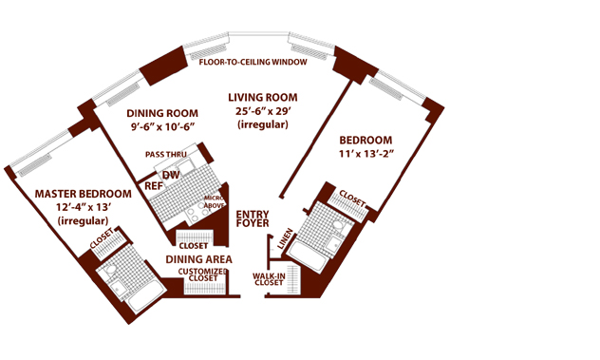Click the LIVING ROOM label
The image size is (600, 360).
point(263,98)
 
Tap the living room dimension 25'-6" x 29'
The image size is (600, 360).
point(264,111)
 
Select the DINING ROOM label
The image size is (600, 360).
point(162,113)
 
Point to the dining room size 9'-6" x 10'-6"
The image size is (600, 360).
point(163,126)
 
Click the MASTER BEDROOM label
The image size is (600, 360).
point(83,194)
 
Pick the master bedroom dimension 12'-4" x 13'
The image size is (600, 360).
point(84,207)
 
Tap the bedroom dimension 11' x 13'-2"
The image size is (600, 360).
point(366,154)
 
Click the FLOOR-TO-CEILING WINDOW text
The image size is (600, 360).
point(253,62)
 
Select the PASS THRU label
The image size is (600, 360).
point(166,155)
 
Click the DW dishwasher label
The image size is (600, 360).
point(171,175)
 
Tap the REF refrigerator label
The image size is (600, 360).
point(154,186)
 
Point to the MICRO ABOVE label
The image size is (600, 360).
point(214,201)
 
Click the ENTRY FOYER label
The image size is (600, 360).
point(253,218)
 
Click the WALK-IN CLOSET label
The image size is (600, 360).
point(269,279)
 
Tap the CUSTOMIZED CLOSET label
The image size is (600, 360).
point(203,275)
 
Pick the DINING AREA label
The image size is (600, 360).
point(198,259)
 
